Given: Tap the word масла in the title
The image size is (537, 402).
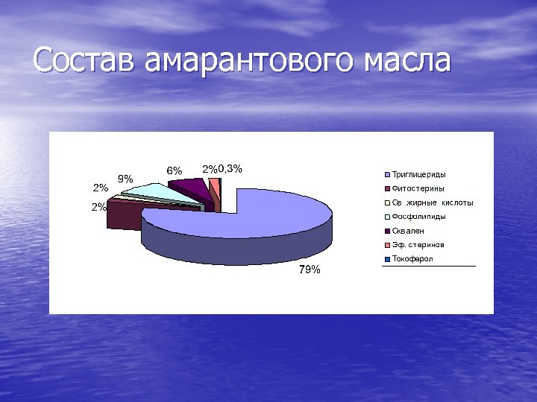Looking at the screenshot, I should [x=404, y=60].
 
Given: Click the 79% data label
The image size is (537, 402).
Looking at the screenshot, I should [x=310, y=269].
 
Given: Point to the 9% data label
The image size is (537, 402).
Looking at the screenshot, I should [x=126, y=179].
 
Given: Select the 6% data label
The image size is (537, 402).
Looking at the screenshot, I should [x=174, y=170].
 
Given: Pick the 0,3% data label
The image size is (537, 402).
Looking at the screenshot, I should [x=230, y=168].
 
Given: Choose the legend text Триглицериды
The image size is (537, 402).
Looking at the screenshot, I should [x=419, y=174].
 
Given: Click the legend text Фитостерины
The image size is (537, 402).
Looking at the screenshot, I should [x=418, y=188].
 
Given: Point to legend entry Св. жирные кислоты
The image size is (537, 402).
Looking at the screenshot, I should [x=433, y=202].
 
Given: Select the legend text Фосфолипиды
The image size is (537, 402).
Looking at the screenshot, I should [x=419, y=217].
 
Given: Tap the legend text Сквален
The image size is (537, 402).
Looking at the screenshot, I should [x=408, y=231].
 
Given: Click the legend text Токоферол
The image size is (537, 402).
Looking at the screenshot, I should [x=412, y=258].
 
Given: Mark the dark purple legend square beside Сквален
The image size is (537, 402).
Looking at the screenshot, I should [x=387, y=231].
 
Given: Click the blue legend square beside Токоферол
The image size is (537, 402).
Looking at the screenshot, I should [x=387, y=259].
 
